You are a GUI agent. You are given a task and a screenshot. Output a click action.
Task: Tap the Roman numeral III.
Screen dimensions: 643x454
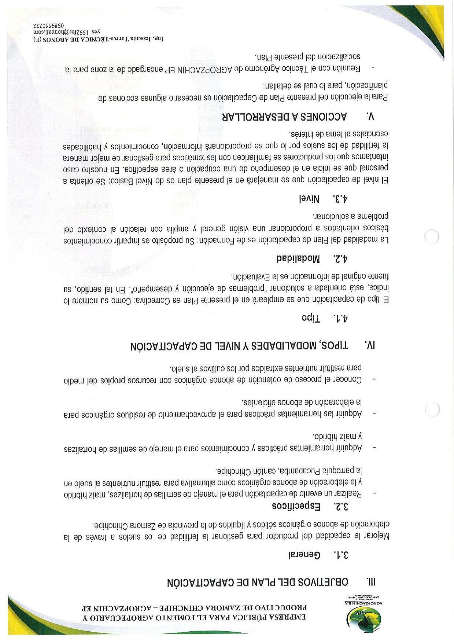pos(371,582)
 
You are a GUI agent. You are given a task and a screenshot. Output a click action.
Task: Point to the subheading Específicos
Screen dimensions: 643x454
pos(296,507)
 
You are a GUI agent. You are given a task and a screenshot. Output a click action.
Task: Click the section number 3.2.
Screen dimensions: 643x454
pos(341,507)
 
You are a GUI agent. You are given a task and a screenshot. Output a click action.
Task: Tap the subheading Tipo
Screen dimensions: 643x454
pos(311,318)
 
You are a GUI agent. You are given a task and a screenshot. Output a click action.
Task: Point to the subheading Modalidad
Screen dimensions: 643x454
pos(298,259)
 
